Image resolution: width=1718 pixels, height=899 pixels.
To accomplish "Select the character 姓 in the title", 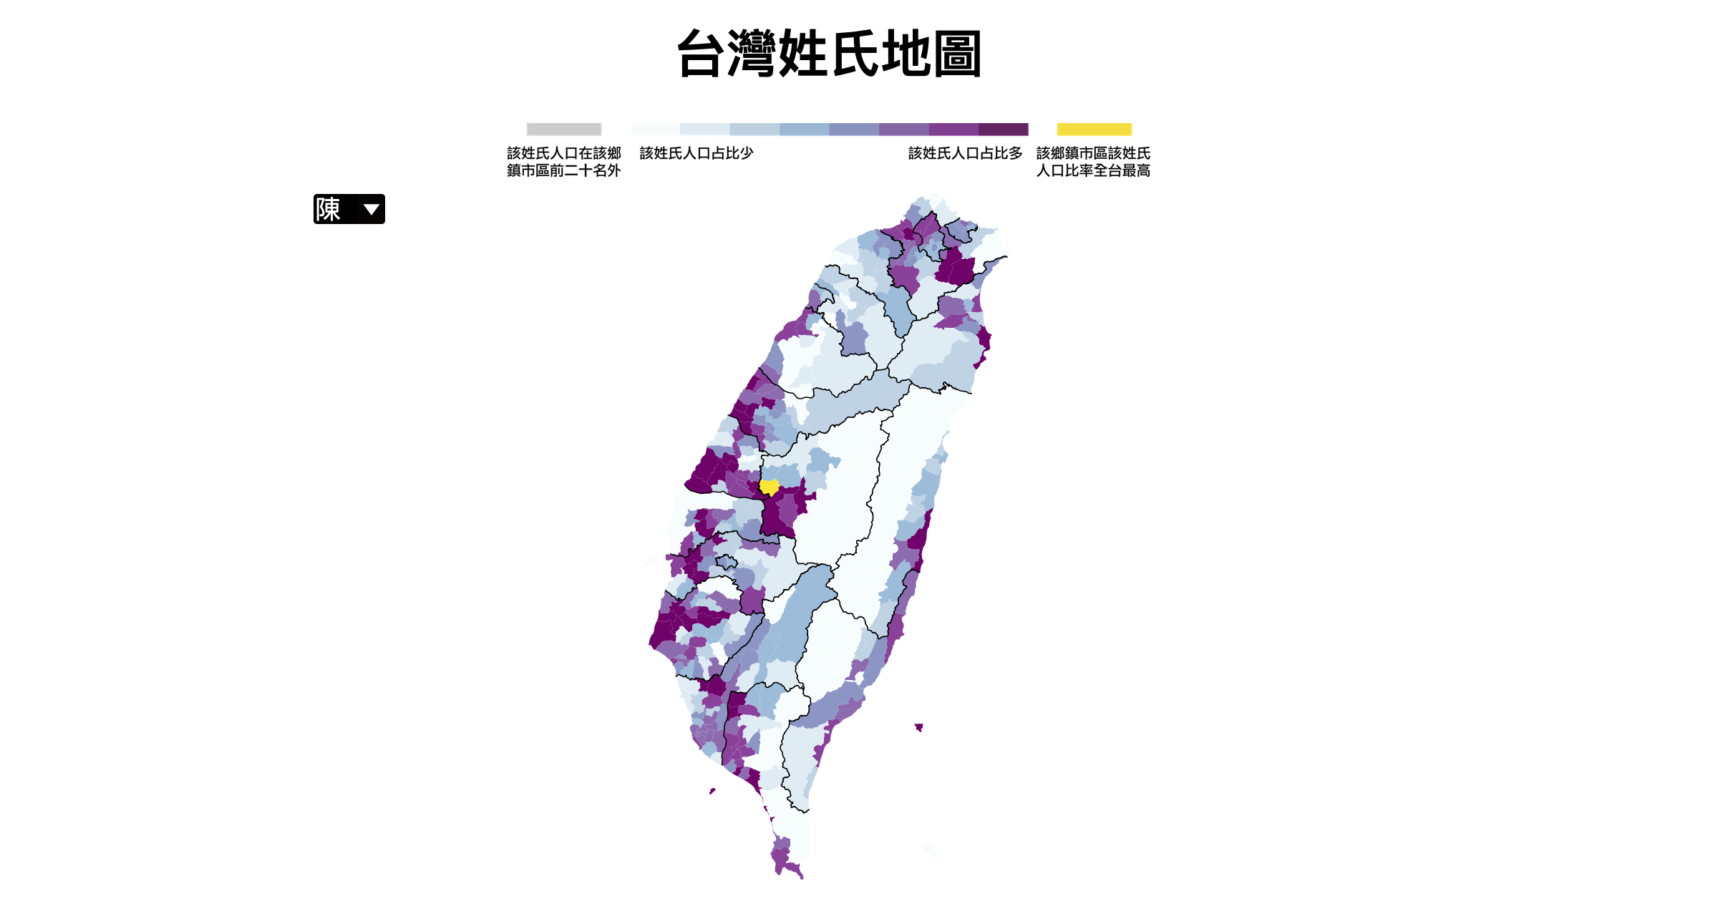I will click(x=804, y=54).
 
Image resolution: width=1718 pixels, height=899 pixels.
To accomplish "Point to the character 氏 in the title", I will click(x=855, y=54).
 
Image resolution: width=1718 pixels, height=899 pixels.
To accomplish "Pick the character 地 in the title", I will click(x=906, y=54).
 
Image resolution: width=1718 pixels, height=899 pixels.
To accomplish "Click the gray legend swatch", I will click(x=564, y=130).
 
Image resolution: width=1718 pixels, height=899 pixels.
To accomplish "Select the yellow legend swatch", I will click(x=1094, y=130).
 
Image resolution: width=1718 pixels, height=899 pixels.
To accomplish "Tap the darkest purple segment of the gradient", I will click(x=1003, y=130).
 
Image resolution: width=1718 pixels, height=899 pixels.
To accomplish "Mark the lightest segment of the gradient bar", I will click(x=655, y=130).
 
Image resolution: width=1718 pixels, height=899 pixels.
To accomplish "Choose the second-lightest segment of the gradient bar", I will click(x=704, y=130).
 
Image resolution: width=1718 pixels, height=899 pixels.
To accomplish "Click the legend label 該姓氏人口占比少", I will click(x=696, y=153).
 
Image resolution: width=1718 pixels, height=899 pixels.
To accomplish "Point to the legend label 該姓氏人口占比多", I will click(x=965, y=153).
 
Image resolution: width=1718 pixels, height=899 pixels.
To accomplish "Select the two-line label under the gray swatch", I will click(x=564, y=162).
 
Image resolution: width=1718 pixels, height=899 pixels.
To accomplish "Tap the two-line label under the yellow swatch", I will click(x=1093, y=162).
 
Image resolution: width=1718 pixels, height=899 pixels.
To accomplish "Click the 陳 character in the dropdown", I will click(x=328, y=209).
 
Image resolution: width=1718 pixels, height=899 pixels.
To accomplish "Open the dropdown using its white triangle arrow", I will click(x=371, y=209).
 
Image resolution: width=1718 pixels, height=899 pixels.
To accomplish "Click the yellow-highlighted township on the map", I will click(x=769, y=487).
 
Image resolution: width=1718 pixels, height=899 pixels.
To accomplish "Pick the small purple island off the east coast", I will click(x=918, y=727).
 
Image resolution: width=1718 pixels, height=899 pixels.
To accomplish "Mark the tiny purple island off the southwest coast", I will click(x=712, y=791).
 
